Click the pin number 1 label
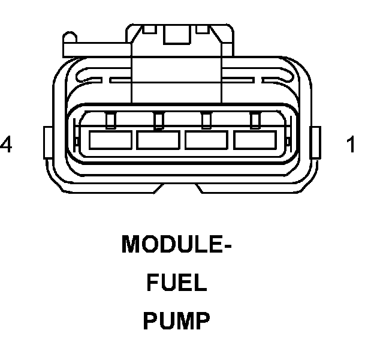[351, 145]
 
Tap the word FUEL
[177, 283]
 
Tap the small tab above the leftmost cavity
[110, 121]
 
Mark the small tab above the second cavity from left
[158, 121]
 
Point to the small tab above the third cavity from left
[207, 121]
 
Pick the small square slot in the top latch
[177, 37]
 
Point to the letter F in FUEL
[152, 283]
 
